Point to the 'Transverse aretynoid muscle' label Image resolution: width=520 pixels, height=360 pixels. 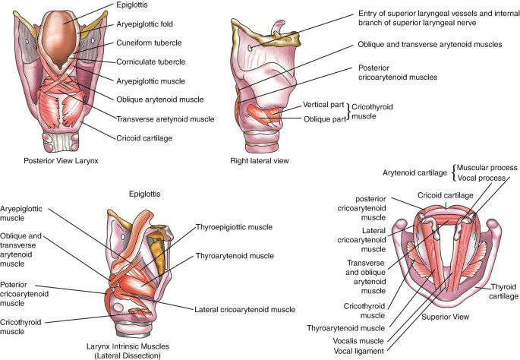[165, 119]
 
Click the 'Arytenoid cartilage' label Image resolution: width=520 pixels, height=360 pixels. [416, 173]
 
